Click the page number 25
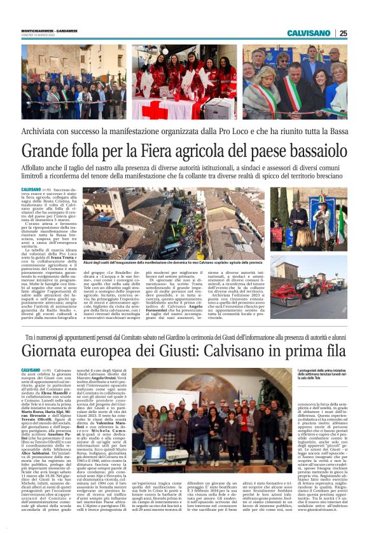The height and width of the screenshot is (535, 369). click(x=343, y=33)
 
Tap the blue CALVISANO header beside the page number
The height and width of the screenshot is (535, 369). click(x=309, y=33)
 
